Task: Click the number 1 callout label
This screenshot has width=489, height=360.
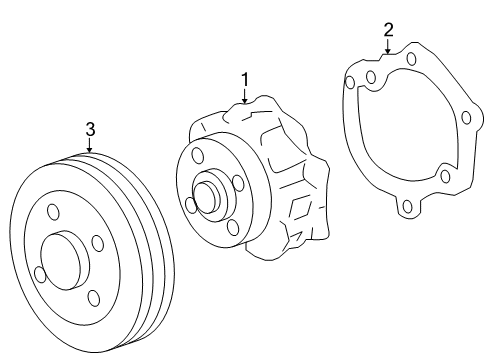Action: (242, 77)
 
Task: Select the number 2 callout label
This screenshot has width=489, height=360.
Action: (389, 30)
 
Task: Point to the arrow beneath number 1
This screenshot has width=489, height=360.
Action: (242, 95)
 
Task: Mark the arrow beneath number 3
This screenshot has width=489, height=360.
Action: (89, 147)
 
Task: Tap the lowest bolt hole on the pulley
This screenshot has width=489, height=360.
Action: (92, 296)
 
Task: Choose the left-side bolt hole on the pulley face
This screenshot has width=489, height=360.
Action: (39, 273)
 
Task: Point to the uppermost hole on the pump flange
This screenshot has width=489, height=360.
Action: (196, 155)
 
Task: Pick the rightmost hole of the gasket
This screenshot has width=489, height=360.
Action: (466, 118)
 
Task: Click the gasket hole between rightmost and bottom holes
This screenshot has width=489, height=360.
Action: (445, 177)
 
